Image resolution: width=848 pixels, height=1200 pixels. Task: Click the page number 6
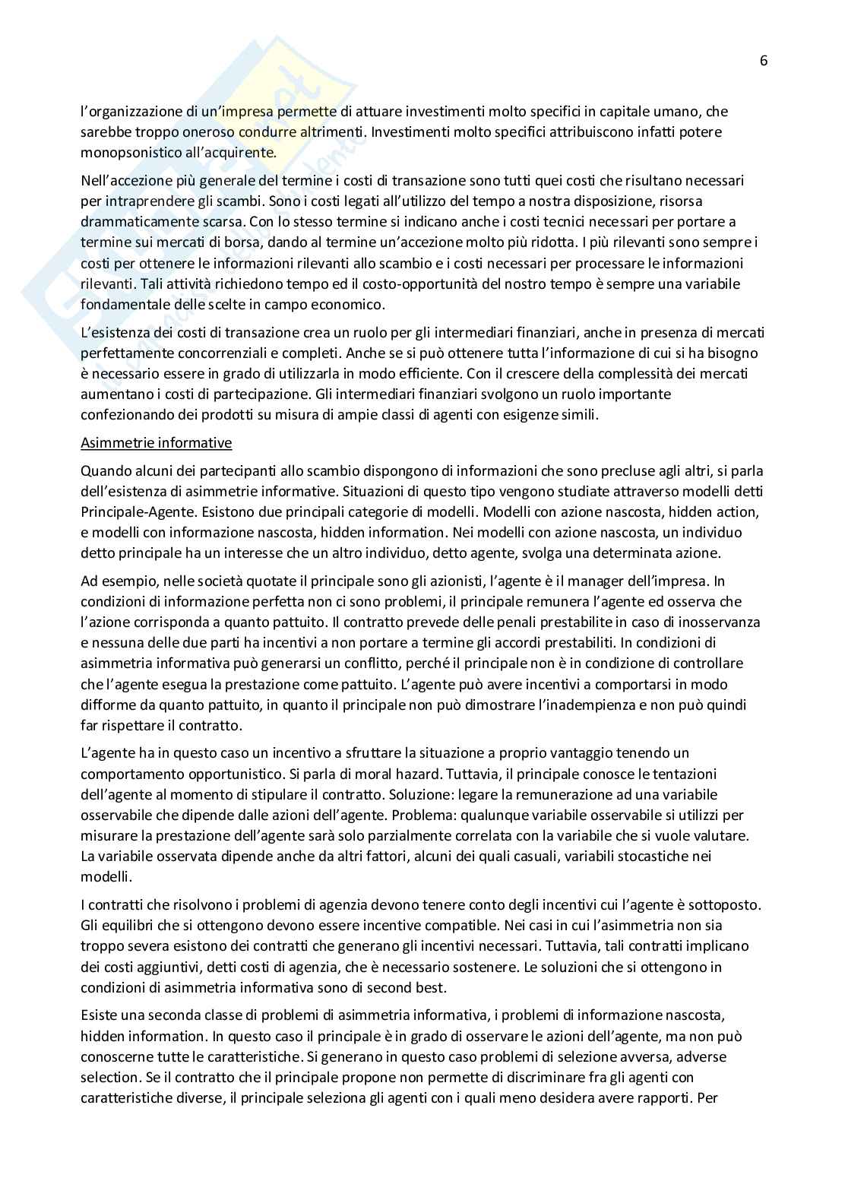(764, 62)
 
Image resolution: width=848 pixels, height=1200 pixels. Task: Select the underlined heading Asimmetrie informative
(156, 442)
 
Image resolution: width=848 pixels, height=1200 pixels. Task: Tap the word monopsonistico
(125, 153)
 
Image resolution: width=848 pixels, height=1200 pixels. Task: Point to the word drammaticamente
(130, 222)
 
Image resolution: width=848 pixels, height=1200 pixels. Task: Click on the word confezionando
(122, 415)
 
